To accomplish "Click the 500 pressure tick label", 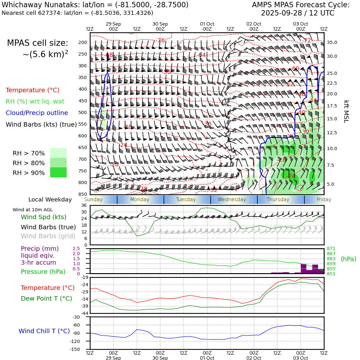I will click(82, 112).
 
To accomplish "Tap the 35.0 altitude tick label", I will click(332, 42).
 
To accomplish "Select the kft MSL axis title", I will click(346, 111).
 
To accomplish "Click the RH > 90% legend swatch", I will click(58, 173).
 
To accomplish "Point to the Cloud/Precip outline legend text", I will click(37, 113).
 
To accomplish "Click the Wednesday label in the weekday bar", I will click(231, 200).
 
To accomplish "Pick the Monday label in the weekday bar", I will click(140, 200).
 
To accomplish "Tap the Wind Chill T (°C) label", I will click(44, 331).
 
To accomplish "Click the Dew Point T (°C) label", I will click(46, 298).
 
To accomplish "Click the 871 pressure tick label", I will click(331, 249).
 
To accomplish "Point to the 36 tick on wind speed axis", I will click(84, 206).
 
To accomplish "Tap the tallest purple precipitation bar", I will click(303, 268).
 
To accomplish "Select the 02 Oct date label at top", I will click(254, 24).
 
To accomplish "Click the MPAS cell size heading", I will click(38, 43).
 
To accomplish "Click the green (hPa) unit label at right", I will click(348, 259).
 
